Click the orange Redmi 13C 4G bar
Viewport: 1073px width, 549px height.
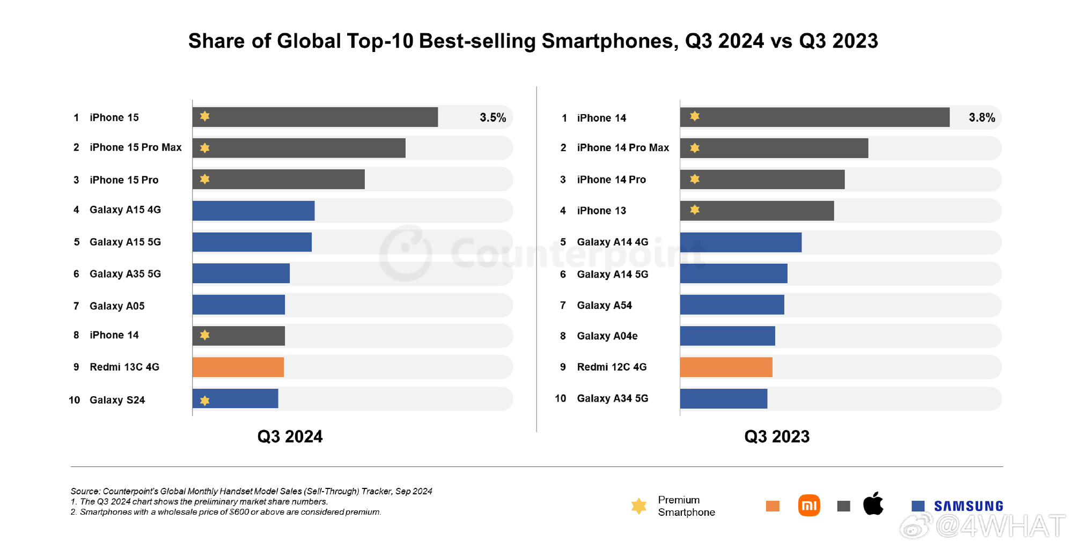(x=238, y=367)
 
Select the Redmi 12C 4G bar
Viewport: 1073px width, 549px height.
(x=726, y=367)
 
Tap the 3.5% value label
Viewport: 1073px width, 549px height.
(x=493, y=117)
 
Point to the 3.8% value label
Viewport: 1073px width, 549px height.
(x=981, y=117)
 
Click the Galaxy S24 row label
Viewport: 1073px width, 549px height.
(x=117, y=400)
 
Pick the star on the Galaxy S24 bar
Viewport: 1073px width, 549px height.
(x=204, y=400)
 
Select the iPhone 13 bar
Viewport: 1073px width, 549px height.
(x=756, y=211)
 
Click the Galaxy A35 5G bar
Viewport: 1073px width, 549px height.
(x=241, y=273)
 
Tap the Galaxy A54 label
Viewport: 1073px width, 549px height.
(x=604, y=305)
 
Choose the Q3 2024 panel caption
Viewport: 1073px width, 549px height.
(x=290, y=436)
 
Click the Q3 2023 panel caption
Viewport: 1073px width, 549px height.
(x=776, y=436)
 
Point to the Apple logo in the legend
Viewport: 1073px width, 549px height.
(x=873, y=504)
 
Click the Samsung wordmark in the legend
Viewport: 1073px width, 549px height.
(x=968, y=506)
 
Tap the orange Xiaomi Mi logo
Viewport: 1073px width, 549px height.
(x=809, y=505)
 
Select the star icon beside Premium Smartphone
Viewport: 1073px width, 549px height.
(x=638, y=506)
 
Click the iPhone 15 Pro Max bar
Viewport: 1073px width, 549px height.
(x=299, y=148)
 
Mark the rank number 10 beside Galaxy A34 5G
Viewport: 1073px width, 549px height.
(x=560, y=398)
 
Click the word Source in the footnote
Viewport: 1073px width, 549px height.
(x=85, y=491)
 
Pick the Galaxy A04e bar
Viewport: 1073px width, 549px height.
(x=727, y=336)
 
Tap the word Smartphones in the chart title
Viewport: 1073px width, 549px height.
(x=609, y=41)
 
